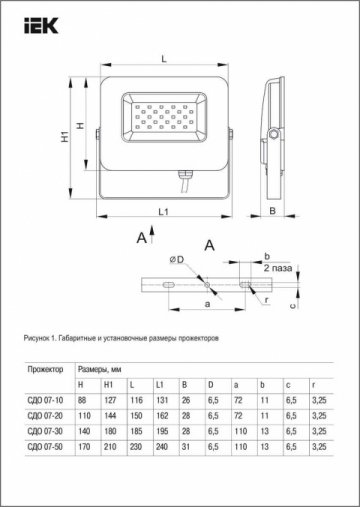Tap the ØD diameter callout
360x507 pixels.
pyautogui.click(x=176, y=261)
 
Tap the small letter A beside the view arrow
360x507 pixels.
pyautogui.click(x=142, y=238)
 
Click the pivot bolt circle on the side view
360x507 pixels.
pyautogui.click(x=272, y=133)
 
